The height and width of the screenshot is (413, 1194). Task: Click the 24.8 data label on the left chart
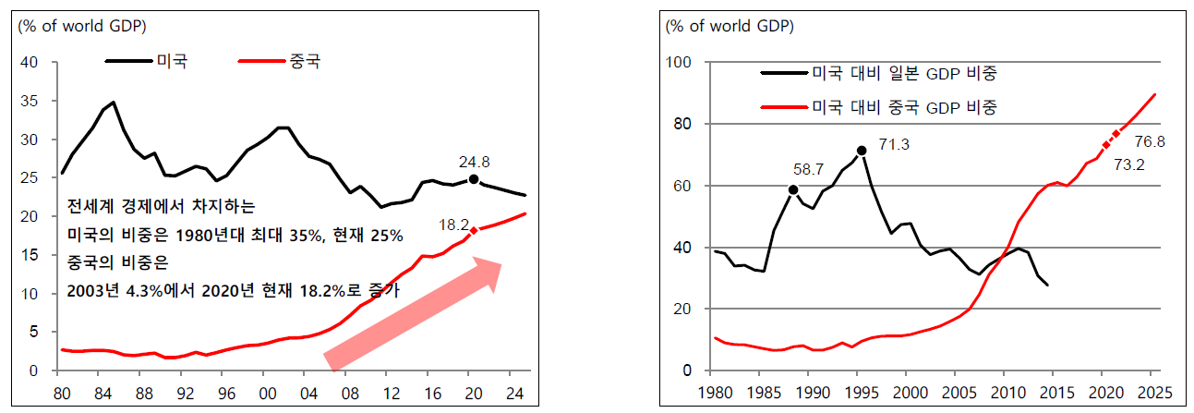click(474, 161)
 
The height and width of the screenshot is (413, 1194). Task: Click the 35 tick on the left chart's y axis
click(30, 102)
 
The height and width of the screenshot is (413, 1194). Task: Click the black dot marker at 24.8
click(474, 179)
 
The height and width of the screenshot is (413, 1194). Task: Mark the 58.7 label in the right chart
click(808, 170)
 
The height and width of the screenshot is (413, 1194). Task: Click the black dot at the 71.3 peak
click(862, 151)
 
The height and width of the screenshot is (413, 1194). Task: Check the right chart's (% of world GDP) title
click(730, 26)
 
